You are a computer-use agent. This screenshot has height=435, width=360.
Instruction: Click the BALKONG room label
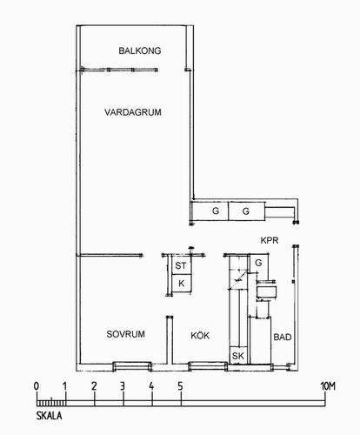point(140,50)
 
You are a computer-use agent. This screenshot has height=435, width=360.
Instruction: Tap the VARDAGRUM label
point(133,112)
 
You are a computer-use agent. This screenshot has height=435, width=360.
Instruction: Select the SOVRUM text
point(125,334)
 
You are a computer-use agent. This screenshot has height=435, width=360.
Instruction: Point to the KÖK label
point(200,335)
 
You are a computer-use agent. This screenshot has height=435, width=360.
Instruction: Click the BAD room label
point(283,337)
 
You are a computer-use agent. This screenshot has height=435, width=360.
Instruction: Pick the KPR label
point(270,240)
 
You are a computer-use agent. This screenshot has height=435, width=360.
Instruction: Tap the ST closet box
point(182,265)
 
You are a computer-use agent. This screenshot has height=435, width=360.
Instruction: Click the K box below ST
point(182,284)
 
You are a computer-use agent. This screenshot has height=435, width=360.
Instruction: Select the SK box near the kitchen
point(238,355)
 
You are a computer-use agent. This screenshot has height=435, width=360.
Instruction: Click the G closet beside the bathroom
point(259,263)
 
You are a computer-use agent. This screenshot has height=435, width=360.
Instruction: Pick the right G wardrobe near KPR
point(246,211)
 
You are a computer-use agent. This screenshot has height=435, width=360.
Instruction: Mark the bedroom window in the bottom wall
point(132,366)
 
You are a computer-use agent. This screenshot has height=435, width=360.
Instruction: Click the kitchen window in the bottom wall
point(208,366)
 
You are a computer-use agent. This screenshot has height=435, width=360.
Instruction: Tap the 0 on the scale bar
point(37,386)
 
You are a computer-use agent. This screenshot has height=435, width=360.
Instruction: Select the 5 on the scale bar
point(181,386)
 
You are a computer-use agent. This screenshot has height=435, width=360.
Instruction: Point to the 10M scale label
point(328,386)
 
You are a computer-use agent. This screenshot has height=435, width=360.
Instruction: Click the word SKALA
point(49,416)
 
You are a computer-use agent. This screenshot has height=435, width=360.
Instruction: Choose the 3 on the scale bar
point(123,386)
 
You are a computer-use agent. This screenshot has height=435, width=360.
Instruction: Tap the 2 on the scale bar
point(94,386)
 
